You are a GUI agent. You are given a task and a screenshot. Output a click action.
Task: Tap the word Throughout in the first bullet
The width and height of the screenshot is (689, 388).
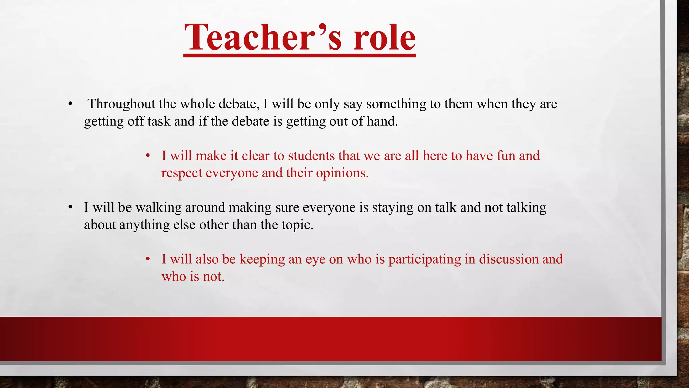[x=121, y=104]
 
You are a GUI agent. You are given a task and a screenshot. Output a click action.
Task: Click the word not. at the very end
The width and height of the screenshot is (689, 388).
[x=213, y=277]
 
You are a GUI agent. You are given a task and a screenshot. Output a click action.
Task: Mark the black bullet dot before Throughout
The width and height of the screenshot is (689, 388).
[x=70, y=104]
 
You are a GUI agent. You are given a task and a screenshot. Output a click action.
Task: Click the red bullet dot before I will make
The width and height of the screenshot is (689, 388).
[x=147, y=156]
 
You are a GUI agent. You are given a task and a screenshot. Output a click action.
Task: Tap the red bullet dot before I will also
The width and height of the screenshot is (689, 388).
[x=147, y=259]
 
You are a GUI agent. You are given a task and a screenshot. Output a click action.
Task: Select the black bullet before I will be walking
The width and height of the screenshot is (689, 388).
[x=70, y=207]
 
